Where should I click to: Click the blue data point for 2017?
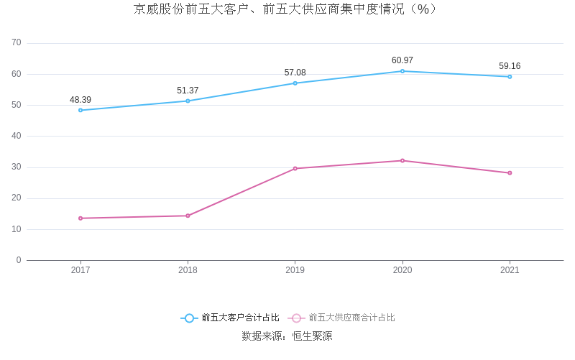point(80,110)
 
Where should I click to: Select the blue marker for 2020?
point(402,71)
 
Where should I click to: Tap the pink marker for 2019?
point(295,168)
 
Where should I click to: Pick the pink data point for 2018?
point(188,216)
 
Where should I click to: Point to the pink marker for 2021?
point(510,172)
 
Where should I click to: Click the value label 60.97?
point(402,60)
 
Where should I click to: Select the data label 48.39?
point(80,100)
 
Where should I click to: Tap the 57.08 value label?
point(295,73)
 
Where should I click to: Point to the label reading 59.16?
point(510,66)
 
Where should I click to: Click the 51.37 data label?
point(188,91)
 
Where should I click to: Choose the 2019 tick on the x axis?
point(295,270)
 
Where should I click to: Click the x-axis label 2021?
point(510,270)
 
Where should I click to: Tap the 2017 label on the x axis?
point(80,270)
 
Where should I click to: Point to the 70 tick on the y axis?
point(17,43)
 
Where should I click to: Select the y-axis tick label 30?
point(17,167)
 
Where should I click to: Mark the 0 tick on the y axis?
point(19,260)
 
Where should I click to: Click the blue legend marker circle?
point(189,318)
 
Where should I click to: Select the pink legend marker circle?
point(296,318)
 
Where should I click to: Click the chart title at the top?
point(287,9)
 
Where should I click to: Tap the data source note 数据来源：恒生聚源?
point(287,336)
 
